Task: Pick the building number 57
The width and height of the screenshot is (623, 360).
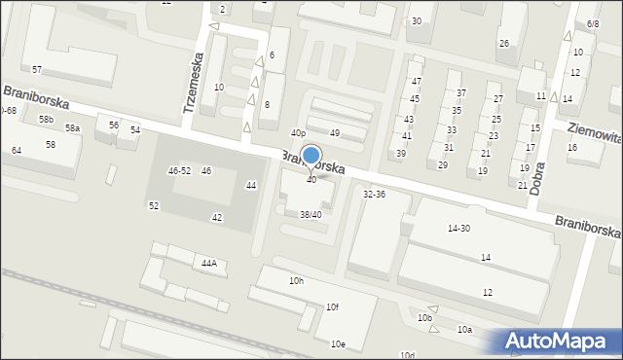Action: point(37,70)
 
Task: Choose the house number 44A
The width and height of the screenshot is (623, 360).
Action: point(208,263)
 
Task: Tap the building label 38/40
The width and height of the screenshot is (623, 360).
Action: point(311,214)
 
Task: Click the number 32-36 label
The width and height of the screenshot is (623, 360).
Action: point(374,195)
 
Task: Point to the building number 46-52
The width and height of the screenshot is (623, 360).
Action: point(179,170)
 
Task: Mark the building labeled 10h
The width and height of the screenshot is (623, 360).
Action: point(296,281)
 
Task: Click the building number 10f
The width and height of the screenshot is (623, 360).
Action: point(332,307)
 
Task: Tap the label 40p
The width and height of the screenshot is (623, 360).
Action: point(299,133)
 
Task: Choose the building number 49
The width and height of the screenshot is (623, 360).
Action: point(334,132)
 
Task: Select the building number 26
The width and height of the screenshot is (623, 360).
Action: point(503,44)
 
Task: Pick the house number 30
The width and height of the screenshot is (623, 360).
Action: point(416,21)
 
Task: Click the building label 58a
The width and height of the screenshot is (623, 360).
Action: point(73,128)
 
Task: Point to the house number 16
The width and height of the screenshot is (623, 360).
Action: point(572,147)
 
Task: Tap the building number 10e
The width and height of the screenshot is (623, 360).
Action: point(337,343)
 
